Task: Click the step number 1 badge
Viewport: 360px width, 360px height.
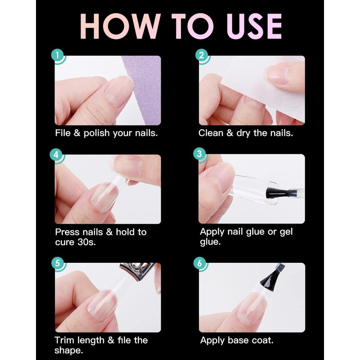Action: [x=57, y=56]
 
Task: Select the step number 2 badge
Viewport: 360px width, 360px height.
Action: [x=201, y=56]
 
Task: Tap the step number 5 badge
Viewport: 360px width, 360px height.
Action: [x=57, y=263]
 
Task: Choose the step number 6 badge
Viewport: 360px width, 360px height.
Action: [x=201, y=263]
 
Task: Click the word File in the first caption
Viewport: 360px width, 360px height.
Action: [x=63, y=133]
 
